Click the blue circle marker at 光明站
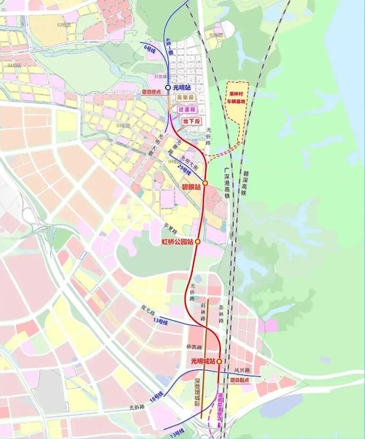(x=168, y=87)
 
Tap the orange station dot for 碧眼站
(x=205, y=183)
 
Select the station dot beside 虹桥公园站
(x=198, y=242)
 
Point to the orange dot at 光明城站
(x=219, y=361)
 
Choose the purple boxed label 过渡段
(x=187, y=109)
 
